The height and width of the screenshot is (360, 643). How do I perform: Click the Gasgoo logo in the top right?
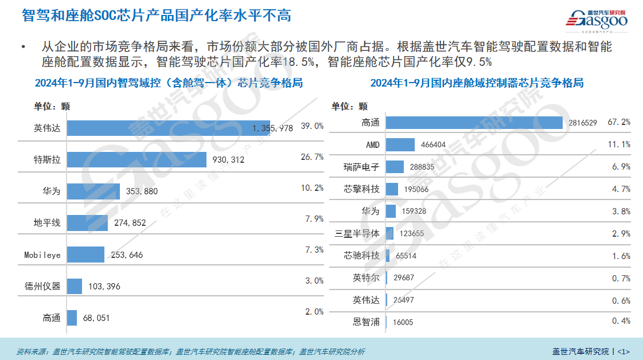tap(597, 18)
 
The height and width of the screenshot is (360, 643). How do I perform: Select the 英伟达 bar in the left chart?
tap(161, 128)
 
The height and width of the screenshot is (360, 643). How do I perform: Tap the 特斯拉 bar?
tap(137, 160)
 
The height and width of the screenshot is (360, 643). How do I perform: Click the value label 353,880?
tap(141, 191)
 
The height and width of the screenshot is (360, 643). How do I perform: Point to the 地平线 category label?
tap(46, 223)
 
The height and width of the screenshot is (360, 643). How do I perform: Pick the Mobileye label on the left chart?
tap(42, 255)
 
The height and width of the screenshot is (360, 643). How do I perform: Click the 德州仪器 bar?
tap(75, 285)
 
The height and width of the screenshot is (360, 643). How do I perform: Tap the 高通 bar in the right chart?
tap(474, 123)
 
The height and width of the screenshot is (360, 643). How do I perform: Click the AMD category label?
tap(372, 144)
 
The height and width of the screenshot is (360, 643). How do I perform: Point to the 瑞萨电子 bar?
tap(395, 167)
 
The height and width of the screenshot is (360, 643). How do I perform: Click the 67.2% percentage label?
tap(619, 122)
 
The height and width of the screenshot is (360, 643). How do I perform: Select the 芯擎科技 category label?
tap(361, 189)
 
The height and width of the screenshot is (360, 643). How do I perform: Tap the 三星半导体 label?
tap(357, 233)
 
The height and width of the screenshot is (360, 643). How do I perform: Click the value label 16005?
tap(403, 323)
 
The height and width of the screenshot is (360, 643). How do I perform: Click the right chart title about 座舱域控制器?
tap(477, 83)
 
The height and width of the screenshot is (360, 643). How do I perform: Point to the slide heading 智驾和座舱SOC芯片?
tap(156, 15)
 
